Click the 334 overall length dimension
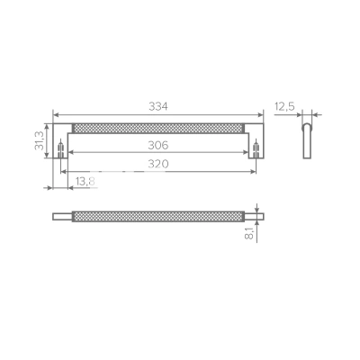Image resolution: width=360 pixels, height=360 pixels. (158, 106)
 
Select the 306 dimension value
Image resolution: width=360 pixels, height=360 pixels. (158, 146)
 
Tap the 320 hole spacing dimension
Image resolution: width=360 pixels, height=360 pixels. (158, 164)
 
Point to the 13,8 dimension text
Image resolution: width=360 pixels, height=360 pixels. (85, 181)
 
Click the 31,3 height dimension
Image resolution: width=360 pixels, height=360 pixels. (40, 140)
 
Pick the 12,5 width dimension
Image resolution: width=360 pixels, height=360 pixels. (284, 106)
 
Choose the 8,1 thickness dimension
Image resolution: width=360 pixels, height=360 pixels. (249, 233)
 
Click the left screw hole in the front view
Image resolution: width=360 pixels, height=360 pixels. (61, 148)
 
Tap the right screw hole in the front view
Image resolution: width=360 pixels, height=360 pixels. (256, 148)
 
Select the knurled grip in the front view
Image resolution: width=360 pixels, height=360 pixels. (158, 128)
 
